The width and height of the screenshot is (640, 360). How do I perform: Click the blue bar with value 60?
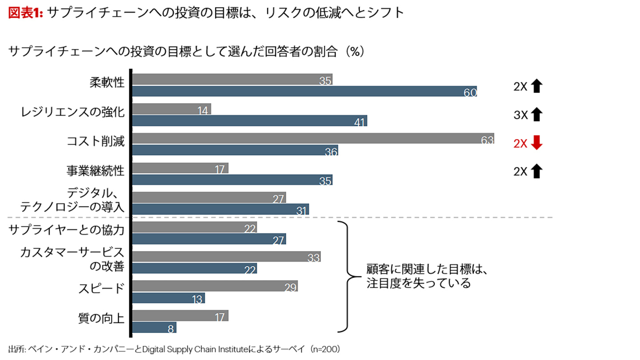[304, 92]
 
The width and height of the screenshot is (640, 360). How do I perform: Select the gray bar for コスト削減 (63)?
[313, 139]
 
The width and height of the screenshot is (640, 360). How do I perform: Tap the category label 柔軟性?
[107, 83]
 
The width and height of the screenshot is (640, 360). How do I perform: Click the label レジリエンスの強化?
[72, 112]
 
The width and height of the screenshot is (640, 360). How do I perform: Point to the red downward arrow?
[537, 144]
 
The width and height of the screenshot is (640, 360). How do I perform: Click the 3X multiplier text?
[520, 116]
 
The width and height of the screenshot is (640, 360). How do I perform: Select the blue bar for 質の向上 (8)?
[155, 328]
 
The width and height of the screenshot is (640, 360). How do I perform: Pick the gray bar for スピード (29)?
[215, 286]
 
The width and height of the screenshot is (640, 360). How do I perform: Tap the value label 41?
[360, 122]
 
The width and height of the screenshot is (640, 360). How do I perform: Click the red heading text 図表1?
[25, 13]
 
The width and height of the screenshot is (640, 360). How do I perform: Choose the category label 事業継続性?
[95, 171]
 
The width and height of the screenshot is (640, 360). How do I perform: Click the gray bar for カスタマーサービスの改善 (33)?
[227, 256]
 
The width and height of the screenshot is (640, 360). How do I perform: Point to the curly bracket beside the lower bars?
[346, 276]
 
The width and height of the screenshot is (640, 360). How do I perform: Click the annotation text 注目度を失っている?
[418, 284]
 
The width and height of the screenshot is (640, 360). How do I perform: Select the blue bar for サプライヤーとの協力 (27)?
[209, 239]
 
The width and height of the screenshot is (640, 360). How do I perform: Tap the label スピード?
[101, 288]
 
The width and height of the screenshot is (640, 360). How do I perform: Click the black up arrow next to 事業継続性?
[537, 171]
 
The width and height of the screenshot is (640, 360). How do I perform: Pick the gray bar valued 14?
[172, 109]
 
